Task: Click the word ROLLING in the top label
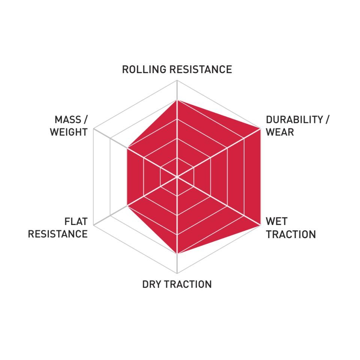[144, 69]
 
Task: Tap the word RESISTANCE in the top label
[201, 69]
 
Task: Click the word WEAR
[280, 132]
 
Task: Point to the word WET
[277, 221]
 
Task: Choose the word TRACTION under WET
[291, 234]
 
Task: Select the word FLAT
[76, 222]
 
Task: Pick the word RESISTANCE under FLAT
[58, 234]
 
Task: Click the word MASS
[68, 120]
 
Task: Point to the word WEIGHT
[69, 132]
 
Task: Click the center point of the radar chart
[177, 177]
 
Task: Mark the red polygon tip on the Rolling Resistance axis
[177, 100]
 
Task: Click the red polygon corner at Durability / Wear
[261, 129]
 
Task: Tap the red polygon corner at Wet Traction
[261, 225]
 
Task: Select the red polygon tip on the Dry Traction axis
[177, 254]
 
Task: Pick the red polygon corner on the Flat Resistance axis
[127, 206]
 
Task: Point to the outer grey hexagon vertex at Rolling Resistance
[177, 80]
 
